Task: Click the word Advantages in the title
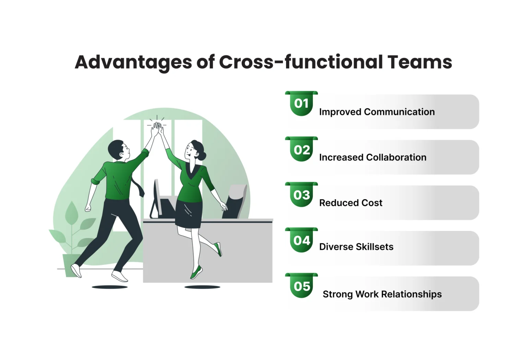(x=133, y=62)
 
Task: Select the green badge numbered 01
(x=301, y=103)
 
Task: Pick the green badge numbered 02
(x=301, y=149)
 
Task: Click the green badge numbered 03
(x=301, y=195)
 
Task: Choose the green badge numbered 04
(x=301, y=240)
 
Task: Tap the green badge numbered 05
(x=301, y=286)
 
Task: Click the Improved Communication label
(x=377, y=112)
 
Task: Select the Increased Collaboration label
(x=373, y=158)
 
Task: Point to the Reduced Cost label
(x=351, y=203)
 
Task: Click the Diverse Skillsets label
(x=356, y=247)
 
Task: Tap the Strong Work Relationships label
(x=382, y=294)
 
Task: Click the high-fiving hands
(x=157, y=129)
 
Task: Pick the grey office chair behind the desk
(x=235, y=201)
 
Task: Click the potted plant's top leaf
(x=71, y=212)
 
